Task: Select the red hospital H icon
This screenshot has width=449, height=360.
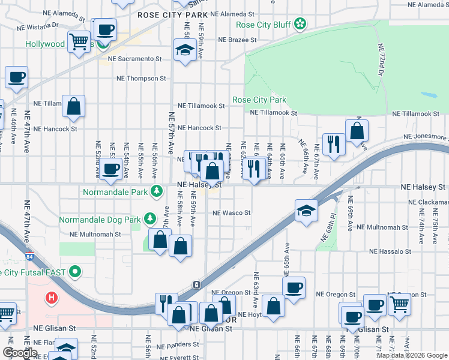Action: point(52,298)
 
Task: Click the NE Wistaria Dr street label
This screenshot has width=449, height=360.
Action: point(37,25)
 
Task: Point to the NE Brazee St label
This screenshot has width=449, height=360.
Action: point(237,40)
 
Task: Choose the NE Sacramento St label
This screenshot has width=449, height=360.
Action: point(135,59)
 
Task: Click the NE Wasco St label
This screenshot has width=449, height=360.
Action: point(231,212)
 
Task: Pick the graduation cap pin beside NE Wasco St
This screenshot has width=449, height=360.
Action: point(306,211)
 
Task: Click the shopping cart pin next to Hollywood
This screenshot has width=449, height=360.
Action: point(79,42)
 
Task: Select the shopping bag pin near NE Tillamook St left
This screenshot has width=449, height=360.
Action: point(73,106)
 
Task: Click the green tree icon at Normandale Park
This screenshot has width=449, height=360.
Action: point(157,191)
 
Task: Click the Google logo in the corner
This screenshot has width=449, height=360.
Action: point(19,353)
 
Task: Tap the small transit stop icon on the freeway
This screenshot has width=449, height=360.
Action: point(196,284)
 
